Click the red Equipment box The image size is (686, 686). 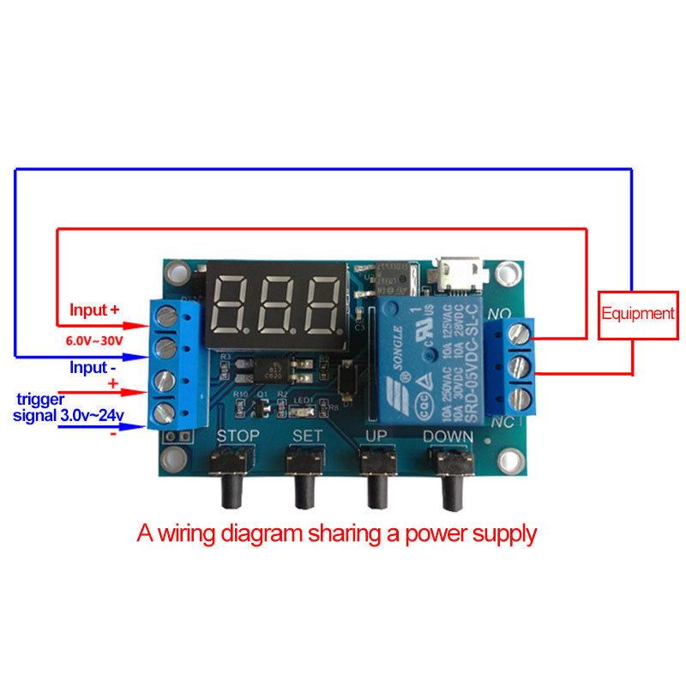(x=637, y=314)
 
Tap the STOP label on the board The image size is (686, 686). (x=238, y=436)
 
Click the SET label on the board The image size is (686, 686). (x=307, y=436)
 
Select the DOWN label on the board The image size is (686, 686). (x=447, y=436)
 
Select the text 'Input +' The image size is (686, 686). (x=94, y=310)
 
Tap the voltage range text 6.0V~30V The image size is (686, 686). (x=95, y=340)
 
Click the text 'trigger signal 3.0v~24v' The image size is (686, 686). (x=69, y=408)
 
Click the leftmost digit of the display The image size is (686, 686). (x=235, y=306)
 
